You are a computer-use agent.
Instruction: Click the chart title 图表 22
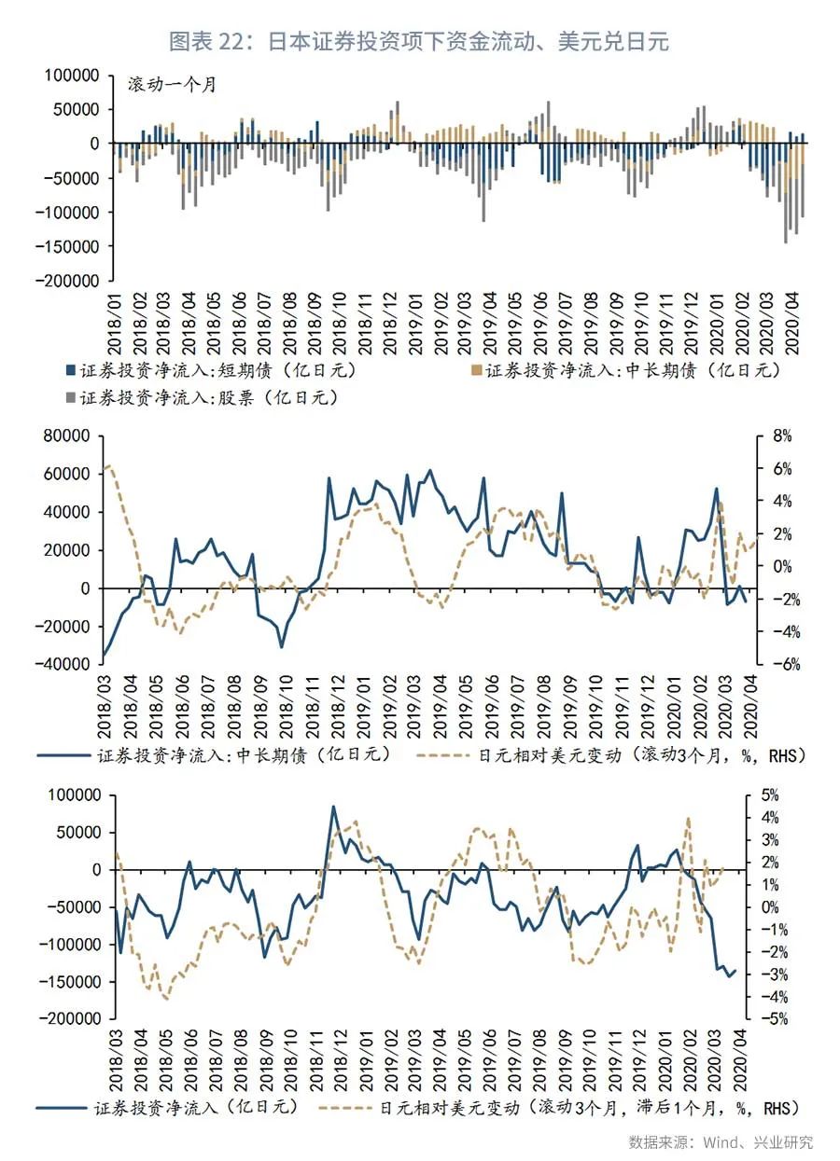[419, 41]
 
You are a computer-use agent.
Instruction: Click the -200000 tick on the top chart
[70, 280]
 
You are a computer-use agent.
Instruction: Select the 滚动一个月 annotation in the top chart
[173, 85]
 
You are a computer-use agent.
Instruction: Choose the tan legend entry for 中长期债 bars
[621, 369]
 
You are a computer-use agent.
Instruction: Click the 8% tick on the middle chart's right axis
[781, 435]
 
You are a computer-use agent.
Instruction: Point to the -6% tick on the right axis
[779, 664]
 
